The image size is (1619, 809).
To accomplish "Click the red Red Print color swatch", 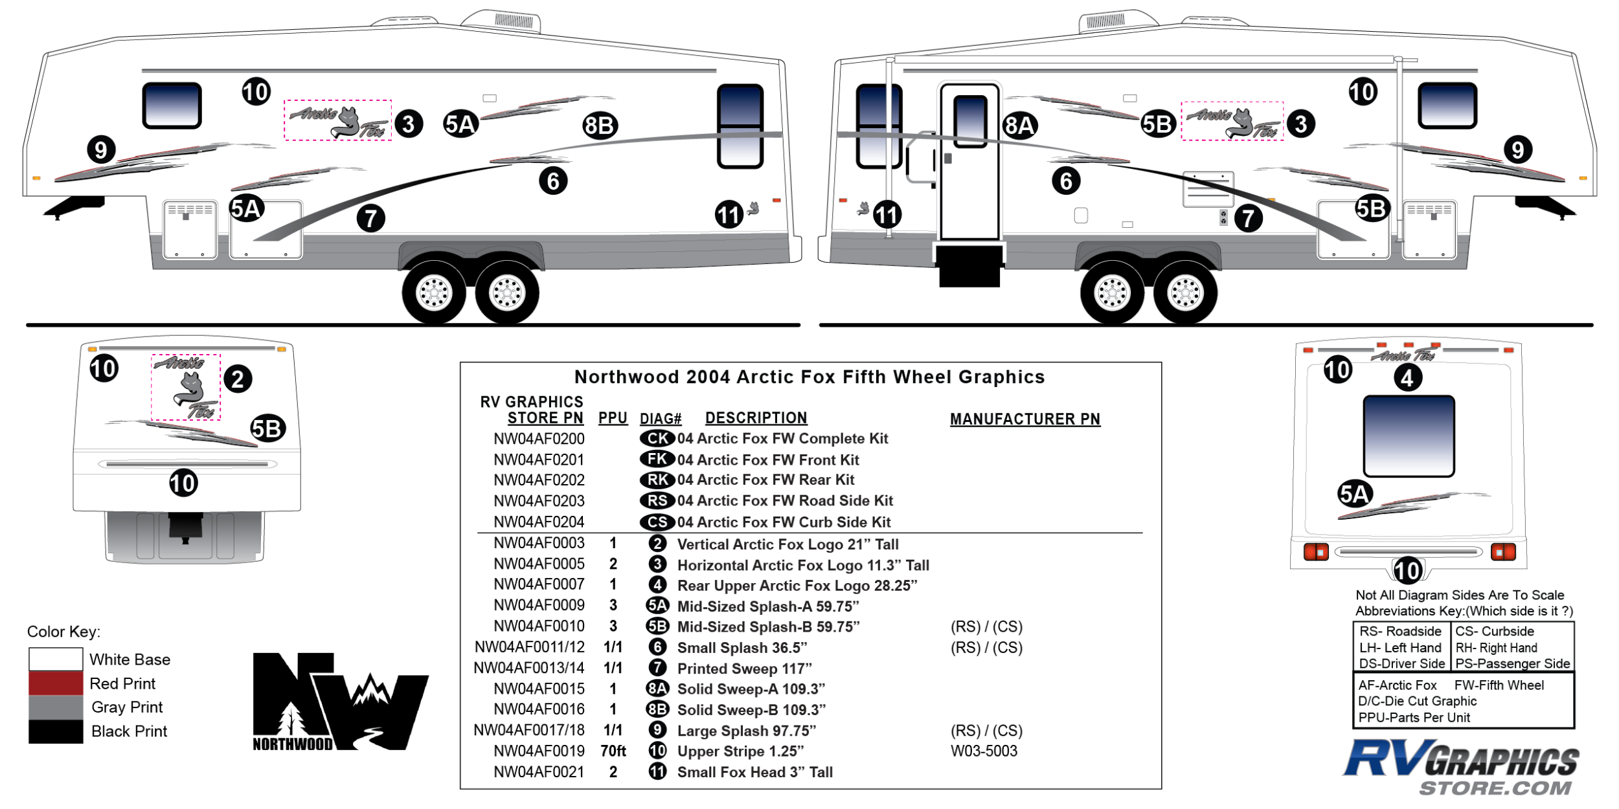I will (x=56, y=683).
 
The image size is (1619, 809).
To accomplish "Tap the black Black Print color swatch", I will (x=56, y=731).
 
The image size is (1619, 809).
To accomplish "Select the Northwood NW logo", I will (x=340, y=702).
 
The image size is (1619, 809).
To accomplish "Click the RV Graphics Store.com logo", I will (x=1462, y=768).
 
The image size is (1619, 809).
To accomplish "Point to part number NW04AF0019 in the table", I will (x=539, y=751).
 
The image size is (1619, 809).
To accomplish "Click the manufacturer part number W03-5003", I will (x=984, y=751).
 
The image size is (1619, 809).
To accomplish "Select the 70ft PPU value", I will (x=613, y=751).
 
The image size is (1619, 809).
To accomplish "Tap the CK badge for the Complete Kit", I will (x=657, y=439).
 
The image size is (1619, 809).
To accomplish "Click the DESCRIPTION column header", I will (x=756, y=418).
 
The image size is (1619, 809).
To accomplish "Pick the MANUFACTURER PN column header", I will (x=1025, y=419).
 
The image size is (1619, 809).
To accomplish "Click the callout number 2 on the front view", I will (x=238, y=379).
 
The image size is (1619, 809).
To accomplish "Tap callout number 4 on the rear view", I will (x=1407, y=378).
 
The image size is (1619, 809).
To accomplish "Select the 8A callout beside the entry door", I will (x=1019, y=126).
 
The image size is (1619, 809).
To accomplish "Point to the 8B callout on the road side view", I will (x=600, y=126).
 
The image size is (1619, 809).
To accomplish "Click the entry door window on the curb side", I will (x=970, y=121).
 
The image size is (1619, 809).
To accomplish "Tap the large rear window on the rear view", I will (x=1409, y=436).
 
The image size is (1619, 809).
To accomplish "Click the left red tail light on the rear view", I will (x=1315, y=552).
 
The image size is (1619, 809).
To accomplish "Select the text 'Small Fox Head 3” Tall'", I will (x=754, y=772).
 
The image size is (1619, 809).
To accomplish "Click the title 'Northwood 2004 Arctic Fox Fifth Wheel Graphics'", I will (x=809, y=377).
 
